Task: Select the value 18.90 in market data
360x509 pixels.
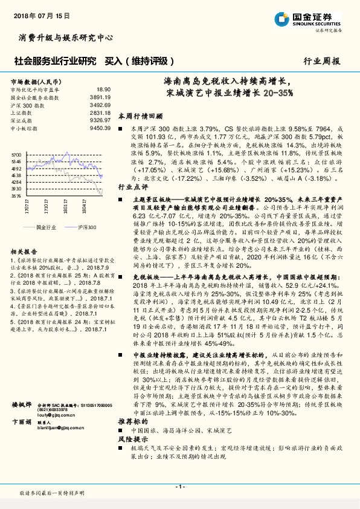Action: coord(104,89)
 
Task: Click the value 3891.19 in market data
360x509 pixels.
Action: coord(100,97)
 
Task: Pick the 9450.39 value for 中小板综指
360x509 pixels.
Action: coord(100,128)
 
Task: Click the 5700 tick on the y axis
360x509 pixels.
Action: coord(16,155)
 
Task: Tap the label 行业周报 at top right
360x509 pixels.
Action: coord(321,61)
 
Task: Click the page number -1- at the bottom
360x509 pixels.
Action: coord(179,487)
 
